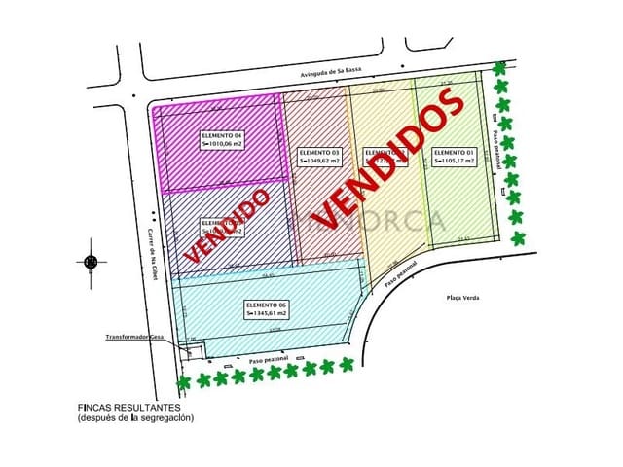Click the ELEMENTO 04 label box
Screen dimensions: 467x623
223,139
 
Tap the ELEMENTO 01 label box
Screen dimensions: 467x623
454,157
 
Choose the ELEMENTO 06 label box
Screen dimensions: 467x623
267,309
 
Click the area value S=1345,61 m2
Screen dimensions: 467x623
267,314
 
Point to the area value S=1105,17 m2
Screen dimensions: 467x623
454,162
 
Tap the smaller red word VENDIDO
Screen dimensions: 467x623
226,226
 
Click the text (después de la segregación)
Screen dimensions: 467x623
136,417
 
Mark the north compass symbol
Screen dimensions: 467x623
91,261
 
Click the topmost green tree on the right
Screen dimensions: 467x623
500,69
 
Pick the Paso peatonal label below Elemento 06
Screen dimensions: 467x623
271,360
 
